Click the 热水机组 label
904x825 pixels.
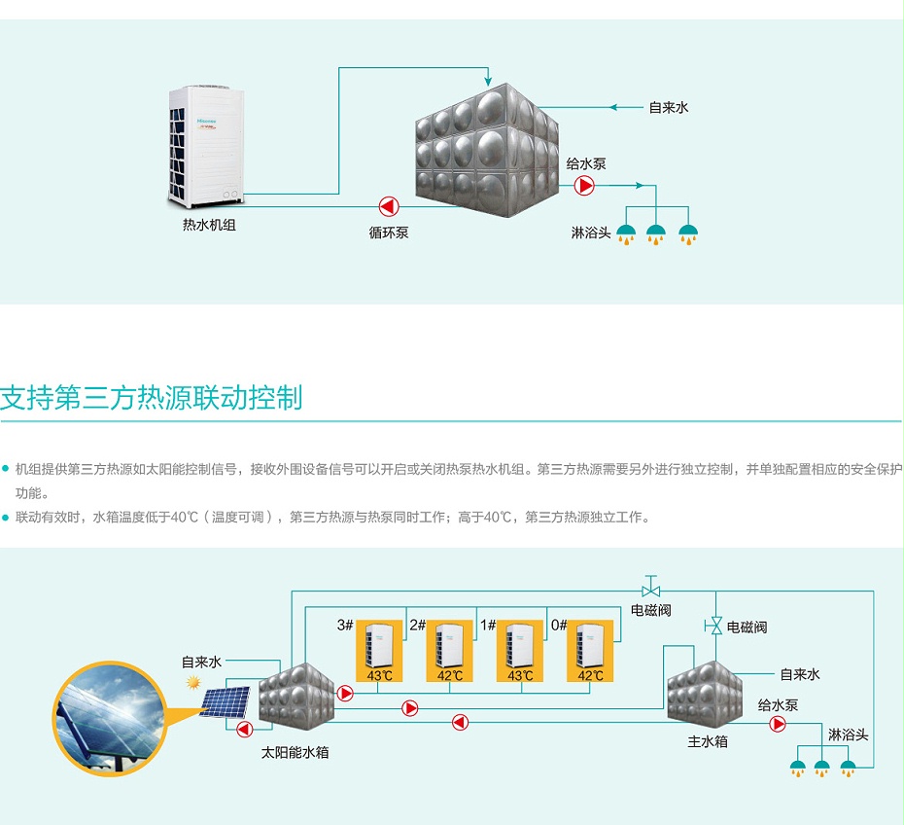(x=209, y=225)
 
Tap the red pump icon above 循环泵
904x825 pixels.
(x=388, y=205)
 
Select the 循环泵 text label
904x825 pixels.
(x=388, y=233)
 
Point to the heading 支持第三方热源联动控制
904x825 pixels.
(x=151, y=399)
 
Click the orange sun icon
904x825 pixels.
(x=193, y=683)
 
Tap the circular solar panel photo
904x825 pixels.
(x=107, y=718)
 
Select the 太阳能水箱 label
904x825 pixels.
(x=295, y=752)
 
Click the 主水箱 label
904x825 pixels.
(x=707, y=741)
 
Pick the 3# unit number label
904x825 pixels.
(x=345, y=625)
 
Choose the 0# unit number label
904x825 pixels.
(x=559, y=625)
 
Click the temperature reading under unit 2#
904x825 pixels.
(x=450, y=675)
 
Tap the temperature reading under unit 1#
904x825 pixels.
(x=521, y=675)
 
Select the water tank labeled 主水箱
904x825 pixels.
(x=705, y=693)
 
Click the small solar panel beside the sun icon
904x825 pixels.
(x=226, y=700)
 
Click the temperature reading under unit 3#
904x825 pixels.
(x=379, y=675)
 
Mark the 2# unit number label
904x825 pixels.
(x=417, y=625)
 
